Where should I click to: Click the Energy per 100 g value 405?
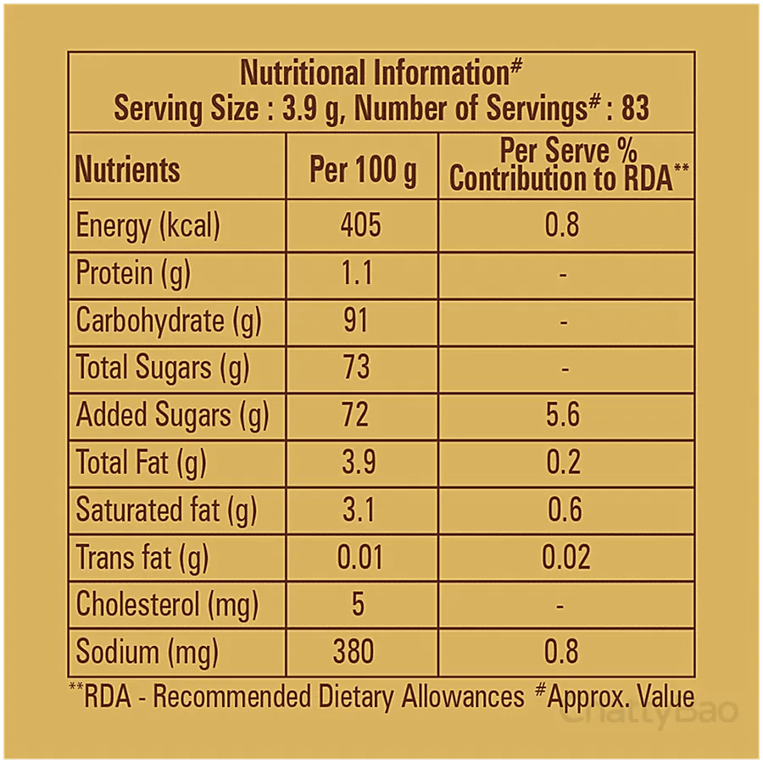click(360, 226)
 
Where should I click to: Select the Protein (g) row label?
click(133, 274)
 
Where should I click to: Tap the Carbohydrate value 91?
click(356, 320)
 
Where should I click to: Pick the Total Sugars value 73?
click(356, 367)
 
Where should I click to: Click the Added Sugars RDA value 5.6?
click(563, 415)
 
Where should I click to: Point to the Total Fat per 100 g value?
click(359, 462)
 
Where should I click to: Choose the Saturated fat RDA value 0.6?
click(565, 510)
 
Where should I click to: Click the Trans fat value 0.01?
click(360, 557)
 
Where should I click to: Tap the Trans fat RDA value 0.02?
click(566, 557)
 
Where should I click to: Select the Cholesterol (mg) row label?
click(167, 605)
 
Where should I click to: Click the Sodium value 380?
click(354, 652)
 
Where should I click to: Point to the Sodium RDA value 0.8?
click(561, 652)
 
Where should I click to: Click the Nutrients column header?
click(127, 170)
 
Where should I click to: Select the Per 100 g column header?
click(363, 170)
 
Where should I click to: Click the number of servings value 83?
click(635, 108)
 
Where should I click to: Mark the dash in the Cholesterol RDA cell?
click(560, 606)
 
